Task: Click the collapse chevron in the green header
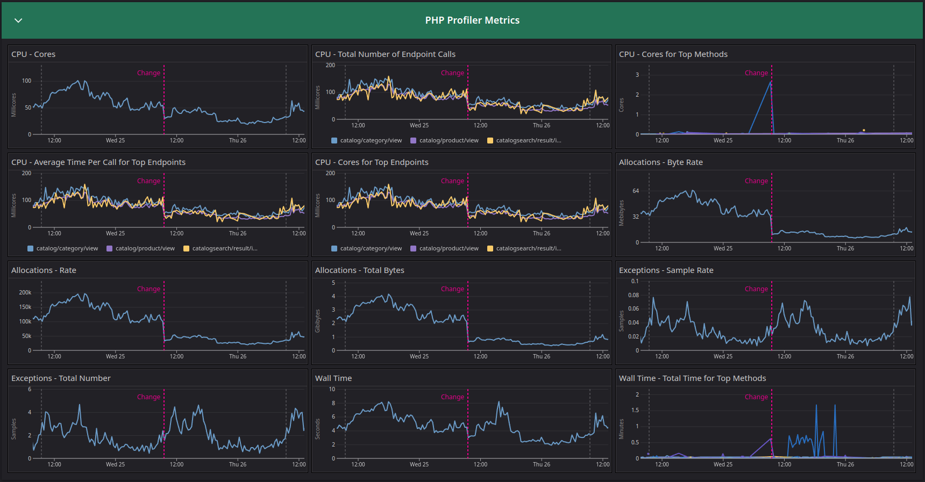point(18,20)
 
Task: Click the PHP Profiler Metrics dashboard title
point(472,20)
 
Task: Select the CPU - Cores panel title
point(33,54)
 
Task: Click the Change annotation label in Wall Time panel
point(452,397)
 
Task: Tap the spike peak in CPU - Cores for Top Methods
point(771,82)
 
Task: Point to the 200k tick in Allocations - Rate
point(25,292)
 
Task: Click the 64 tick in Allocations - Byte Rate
point(636,191)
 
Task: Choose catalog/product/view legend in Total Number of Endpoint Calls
point(449,140)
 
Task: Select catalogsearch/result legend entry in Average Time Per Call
point(224,248)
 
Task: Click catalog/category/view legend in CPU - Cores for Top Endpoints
point(371,248)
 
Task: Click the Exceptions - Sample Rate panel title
point(666,270)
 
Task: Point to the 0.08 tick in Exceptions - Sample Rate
point(634,295)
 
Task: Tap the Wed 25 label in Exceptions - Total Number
point(115,464)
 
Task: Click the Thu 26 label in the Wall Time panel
point(541,464)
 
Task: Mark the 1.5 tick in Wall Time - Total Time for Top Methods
point(635,410)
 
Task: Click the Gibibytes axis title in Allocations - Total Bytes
point(318,321)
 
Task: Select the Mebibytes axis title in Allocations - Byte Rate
point(622,213)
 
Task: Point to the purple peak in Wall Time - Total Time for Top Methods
point(771,439)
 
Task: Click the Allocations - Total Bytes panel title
point(359,270)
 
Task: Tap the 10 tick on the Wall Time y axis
point(332,389)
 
